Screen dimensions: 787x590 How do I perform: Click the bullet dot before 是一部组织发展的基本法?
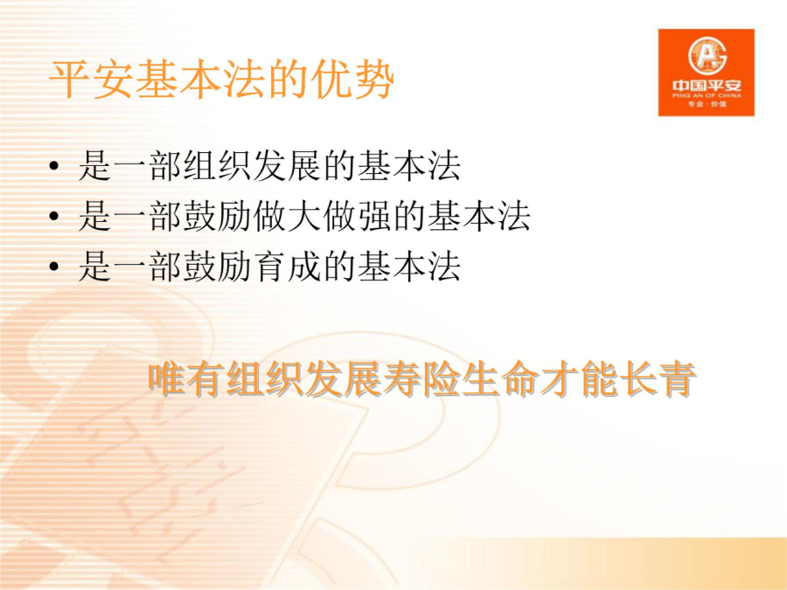click(54, 166)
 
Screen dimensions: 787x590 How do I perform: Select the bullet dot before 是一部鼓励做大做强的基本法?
click(54, 216)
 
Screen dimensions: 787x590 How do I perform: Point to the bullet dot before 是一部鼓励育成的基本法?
click(54, 267)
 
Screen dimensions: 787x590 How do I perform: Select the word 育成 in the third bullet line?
click(287, 266)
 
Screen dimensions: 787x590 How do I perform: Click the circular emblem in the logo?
click(707, 55)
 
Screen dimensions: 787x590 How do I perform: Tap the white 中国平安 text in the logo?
click(707, 86)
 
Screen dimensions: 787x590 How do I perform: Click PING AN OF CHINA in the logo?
click(707, 95)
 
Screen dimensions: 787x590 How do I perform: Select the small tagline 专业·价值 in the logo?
click(707, 104)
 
